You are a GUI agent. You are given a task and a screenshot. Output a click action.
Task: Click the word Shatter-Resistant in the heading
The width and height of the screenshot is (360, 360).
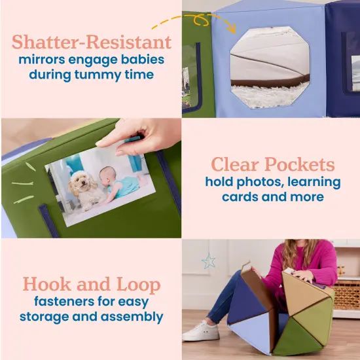[x=92, y=42]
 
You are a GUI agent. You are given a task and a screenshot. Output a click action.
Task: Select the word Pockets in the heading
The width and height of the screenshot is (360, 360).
[x=299, y=164]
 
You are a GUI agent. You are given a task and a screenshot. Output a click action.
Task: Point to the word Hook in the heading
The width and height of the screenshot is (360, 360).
[x=47, y=284]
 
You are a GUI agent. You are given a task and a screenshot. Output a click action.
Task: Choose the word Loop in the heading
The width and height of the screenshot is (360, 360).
[x=139, y=285]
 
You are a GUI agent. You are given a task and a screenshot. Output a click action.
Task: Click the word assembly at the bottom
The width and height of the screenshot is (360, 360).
[x=132, y=317]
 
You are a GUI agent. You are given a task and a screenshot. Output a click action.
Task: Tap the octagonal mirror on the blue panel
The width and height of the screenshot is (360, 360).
[x=270, y=67]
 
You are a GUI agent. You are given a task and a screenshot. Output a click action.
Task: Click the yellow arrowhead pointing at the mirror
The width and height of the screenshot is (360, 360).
[x=232, y=28]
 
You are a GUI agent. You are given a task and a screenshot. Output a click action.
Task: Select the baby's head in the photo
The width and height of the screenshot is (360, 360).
[x=107, y=175]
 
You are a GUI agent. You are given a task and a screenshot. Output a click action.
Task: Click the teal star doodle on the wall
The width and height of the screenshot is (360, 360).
[x=208, y=261]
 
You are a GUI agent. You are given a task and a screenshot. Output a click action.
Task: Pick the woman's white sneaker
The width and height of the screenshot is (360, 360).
[x=202, y=332]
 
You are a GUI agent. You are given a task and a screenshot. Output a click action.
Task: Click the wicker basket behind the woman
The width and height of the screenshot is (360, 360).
[x=346, y=295]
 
